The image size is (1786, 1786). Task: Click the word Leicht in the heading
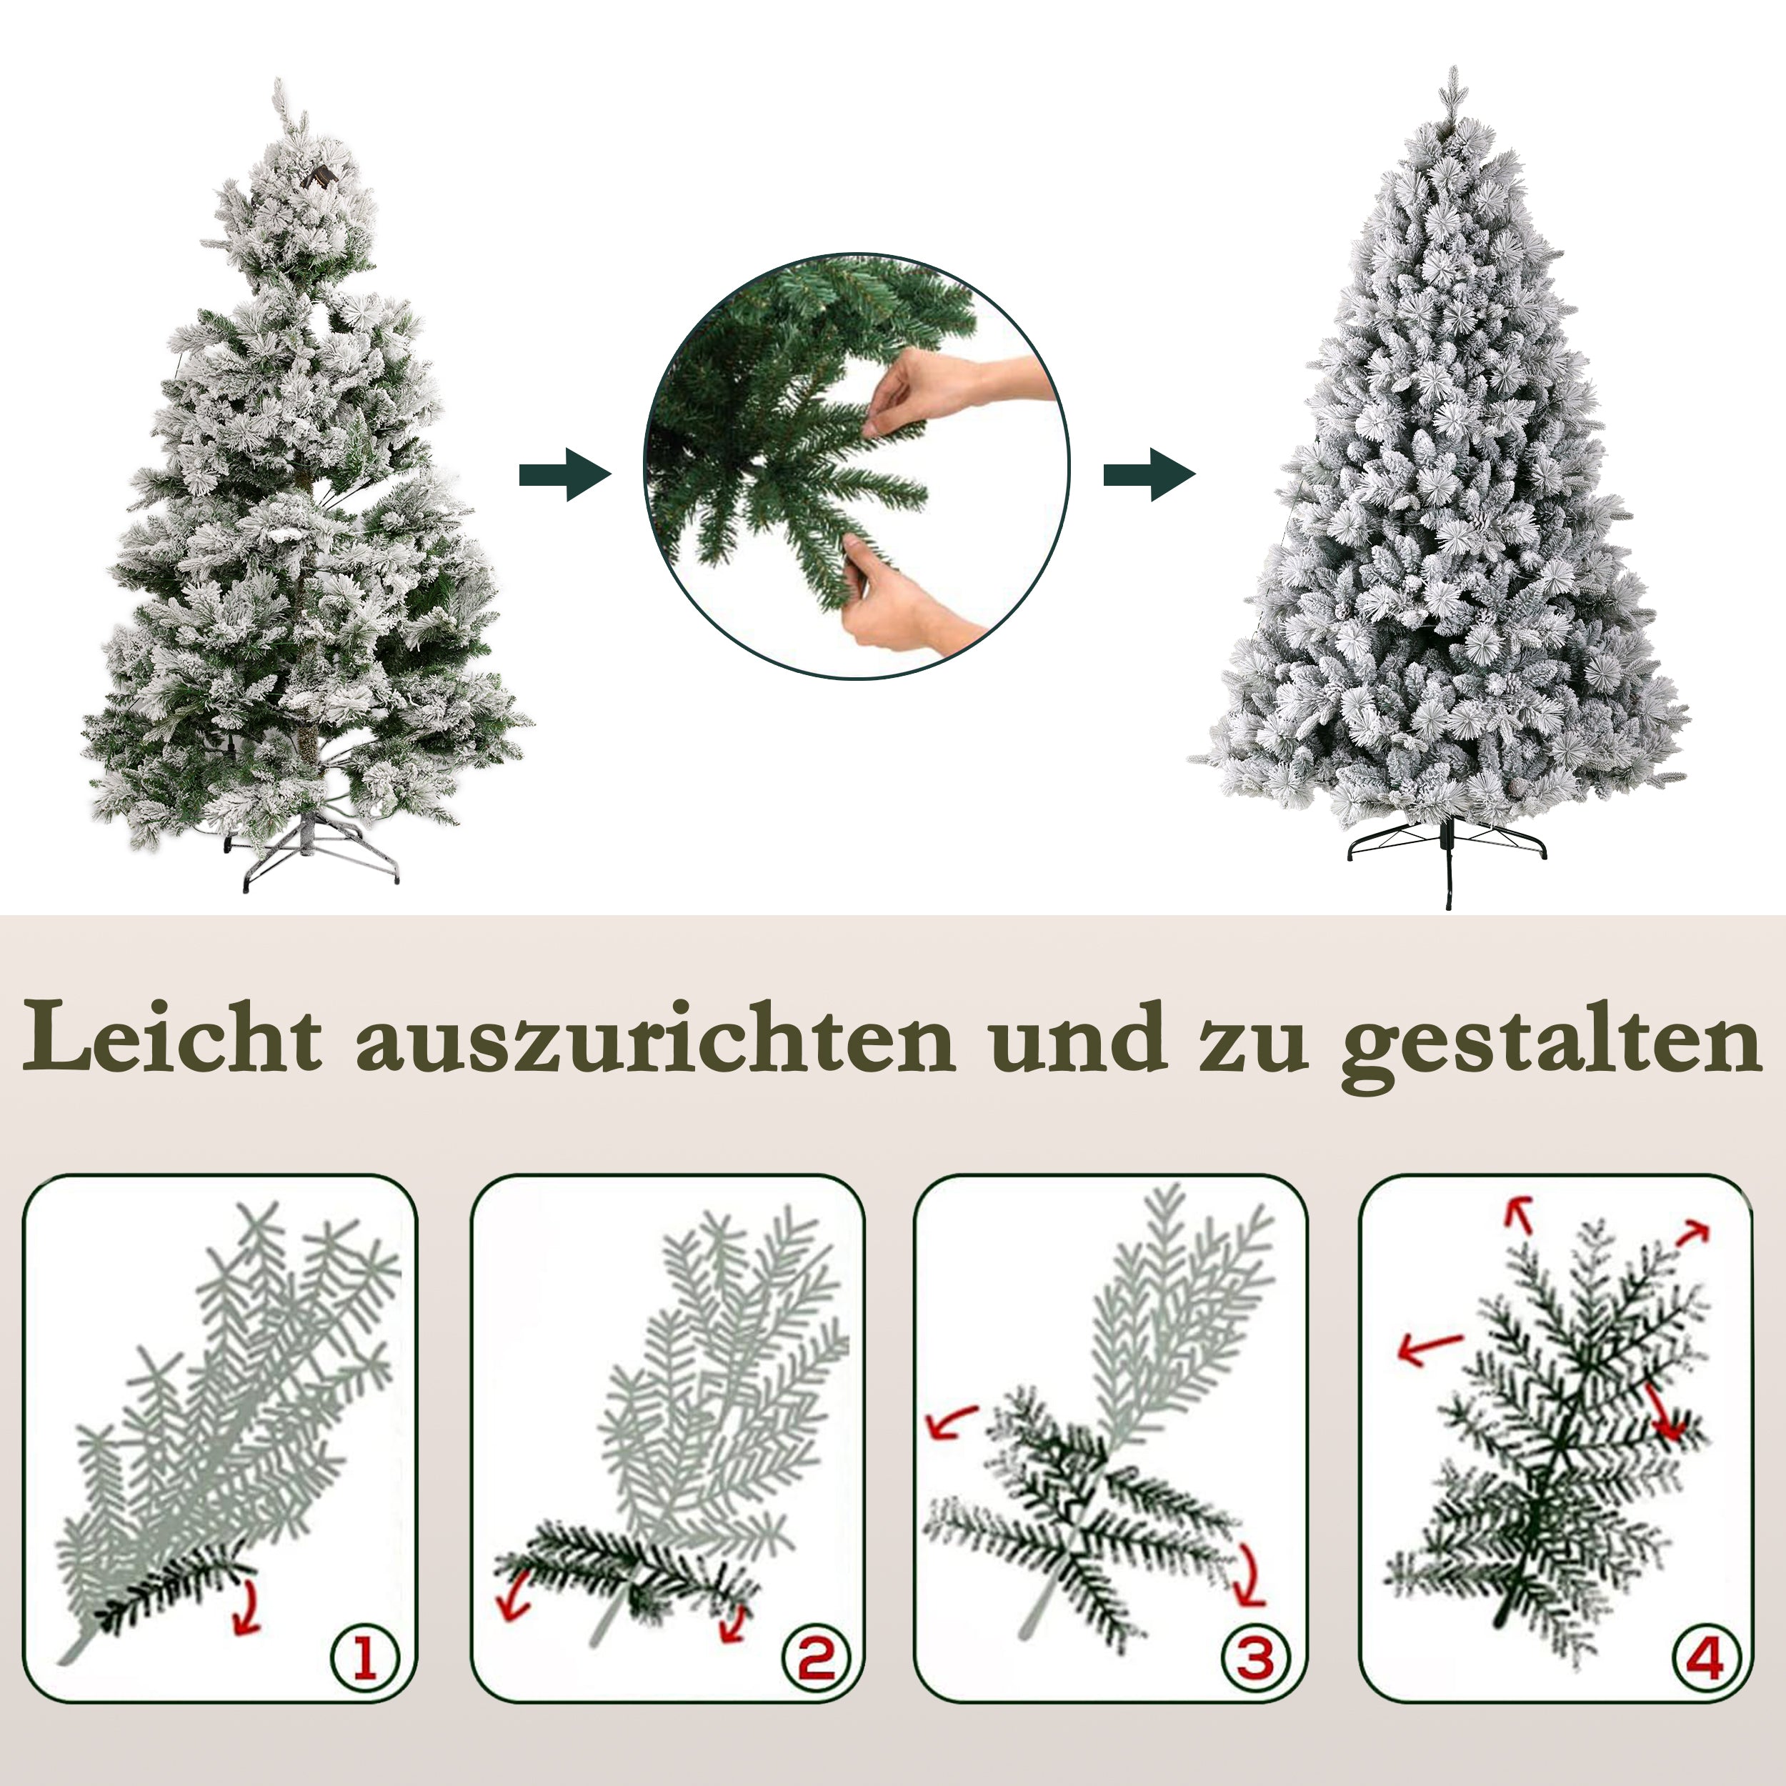click(173, 1037)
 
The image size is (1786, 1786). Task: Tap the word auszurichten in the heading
click(654, 1038)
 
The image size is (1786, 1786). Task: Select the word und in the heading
click(1076, 1038)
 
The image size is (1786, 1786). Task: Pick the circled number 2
click(814, 1657)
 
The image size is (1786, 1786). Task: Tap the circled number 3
click(1255, 1657)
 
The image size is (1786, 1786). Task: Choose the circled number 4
click(1704, 1657)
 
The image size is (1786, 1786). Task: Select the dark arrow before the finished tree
click(1149, 475)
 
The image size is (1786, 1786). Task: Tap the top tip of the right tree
click(1454, 74)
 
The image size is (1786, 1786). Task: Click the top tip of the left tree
click(278, 88)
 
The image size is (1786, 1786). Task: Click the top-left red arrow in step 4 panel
click(1517, 1214)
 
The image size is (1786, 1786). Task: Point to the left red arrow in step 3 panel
click(950, 1424)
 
